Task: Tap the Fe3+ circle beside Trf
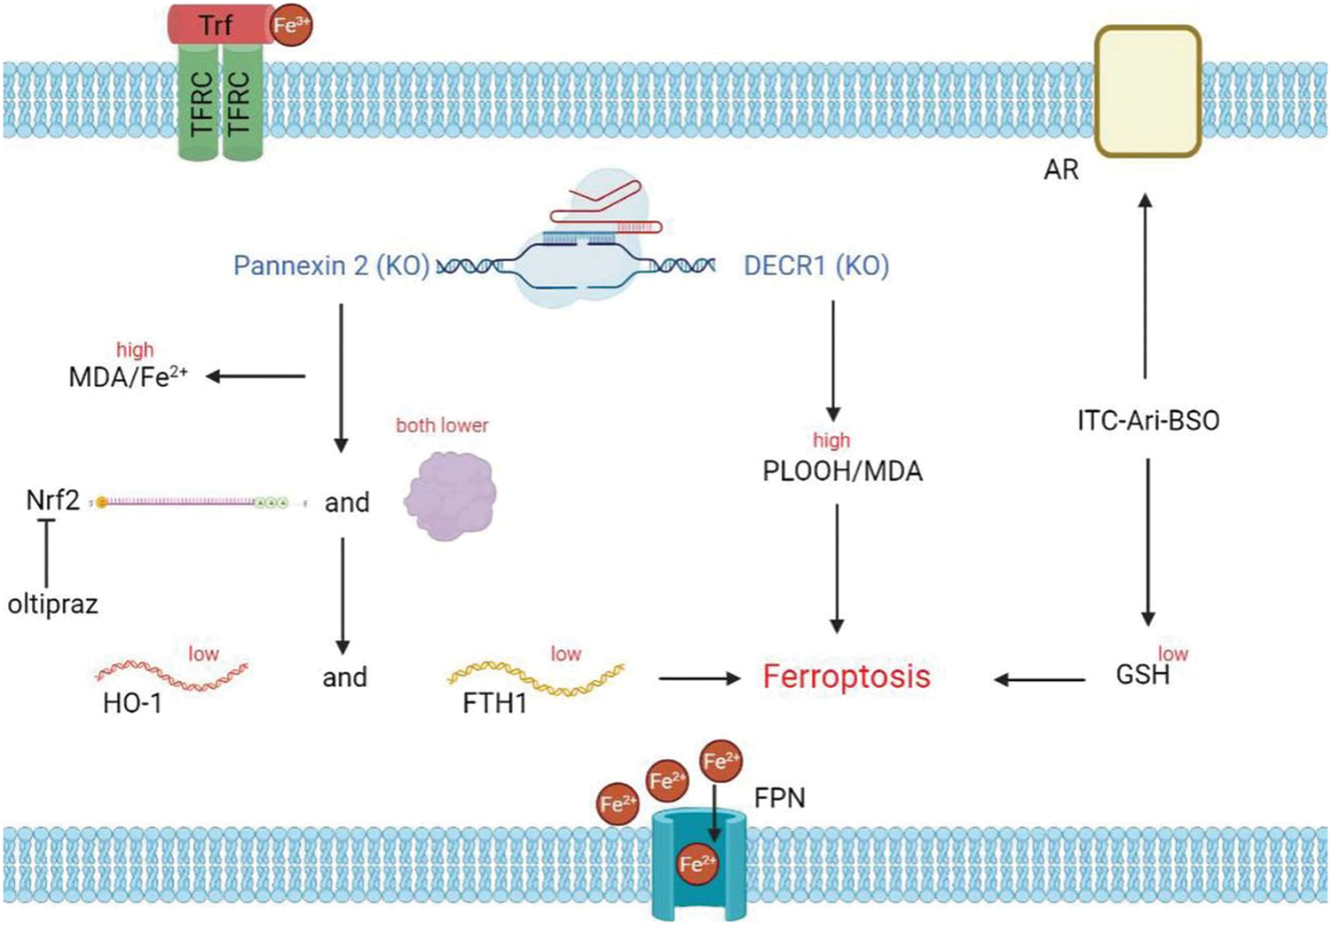click(290, 25)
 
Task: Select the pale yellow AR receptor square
click(1146, 91)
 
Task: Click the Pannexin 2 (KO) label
click(331, 265)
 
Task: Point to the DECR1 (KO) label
click(815, 265)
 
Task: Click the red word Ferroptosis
click(847, 676)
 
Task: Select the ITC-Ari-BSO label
click(1147, 420)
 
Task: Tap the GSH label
click(1142, 675)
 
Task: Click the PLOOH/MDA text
click(842, 470)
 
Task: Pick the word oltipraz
click(52, 605)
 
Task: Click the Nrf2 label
click(52, 501)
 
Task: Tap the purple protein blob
click(450, 496)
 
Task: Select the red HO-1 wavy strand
click(171, 675)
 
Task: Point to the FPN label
click(779, 798)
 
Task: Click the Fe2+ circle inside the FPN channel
click(697, 863)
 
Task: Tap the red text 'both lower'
click(442, 425)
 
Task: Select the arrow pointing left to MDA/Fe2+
click(256, 376)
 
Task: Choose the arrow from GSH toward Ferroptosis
click(1039, 680)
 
